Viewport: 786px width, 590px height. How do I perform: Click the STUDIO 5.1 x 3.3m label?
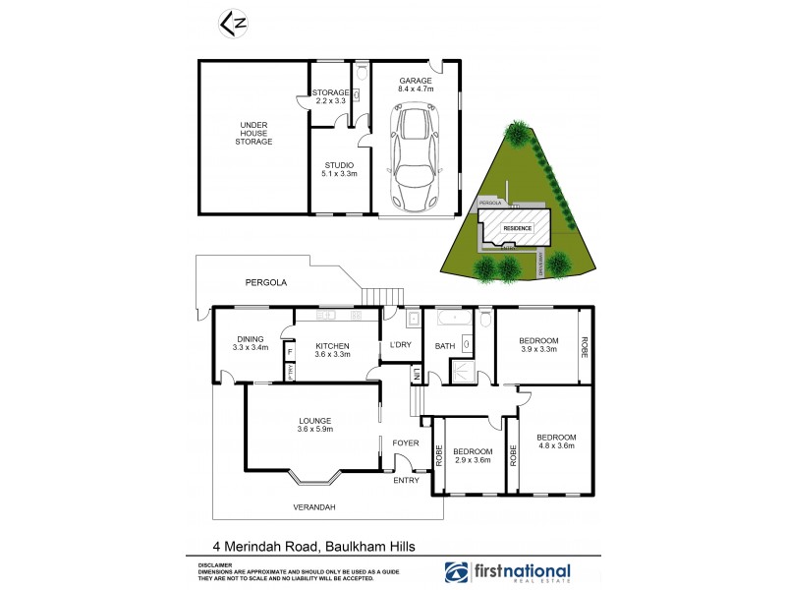point(337,169)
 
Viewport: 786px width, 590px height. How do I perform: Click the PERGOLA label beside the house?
point(266,282)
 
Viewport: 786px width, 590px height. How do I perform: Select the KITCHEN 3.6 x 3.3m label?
point(332,350)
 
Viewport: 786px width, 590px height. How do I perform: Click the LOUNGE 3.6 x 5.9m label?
point(315,424)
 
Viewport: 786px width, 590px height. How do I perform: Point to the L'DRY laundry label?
point(400,344)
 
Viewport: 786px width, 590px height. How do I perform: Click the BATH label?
point(445,345)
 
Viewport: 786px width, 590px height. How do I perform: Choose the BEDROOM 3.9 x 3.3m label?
point(537,345)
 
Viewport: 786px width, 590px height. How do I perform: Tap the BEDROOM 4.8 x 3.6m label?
point(556,442)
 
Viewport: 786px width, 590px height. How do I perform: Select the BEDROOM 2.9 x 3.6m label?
point(472,455)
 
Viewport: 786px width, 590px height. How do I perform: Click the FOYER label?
point(406,442)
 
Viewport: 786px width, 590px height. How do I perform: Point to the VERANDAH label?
point(314,507)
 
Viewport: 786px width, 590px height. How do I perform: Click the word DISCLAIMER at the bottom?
point(215,565)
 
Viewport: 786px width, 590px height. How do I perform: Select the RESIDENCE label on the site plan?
point(518,228)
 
